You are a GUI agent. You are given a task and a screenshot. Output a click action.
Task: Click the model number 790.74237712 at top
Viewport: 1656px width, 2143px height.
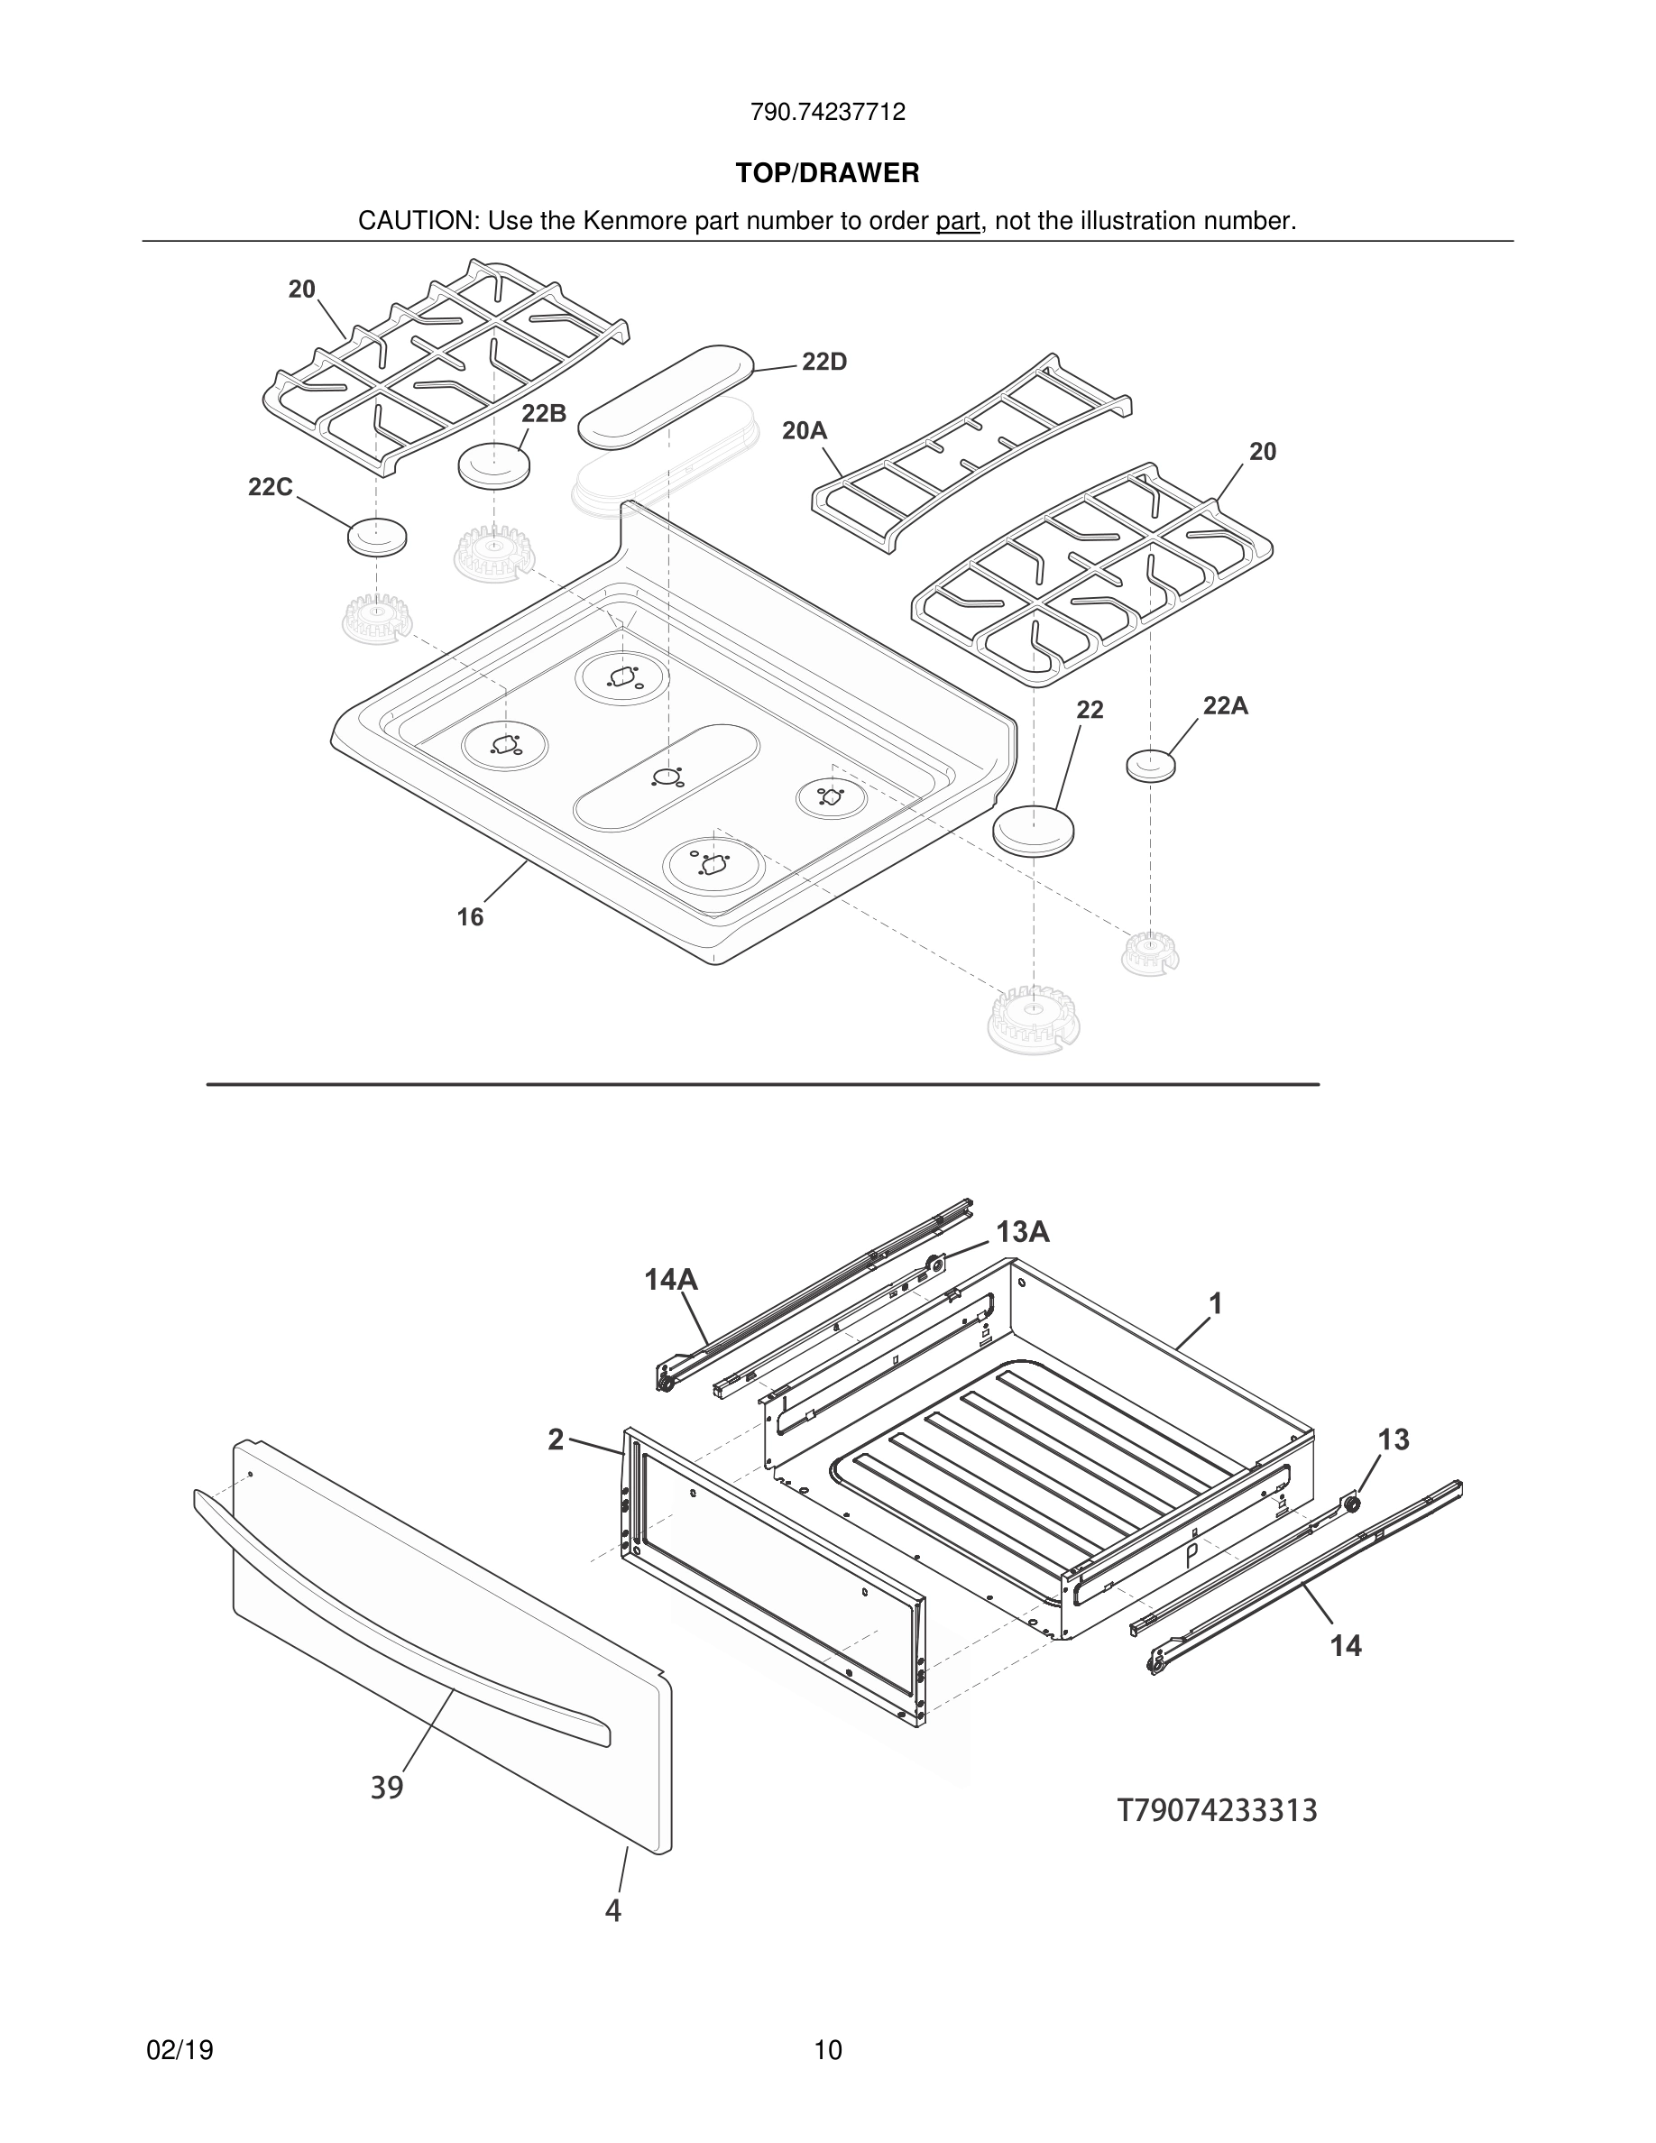[827, 113]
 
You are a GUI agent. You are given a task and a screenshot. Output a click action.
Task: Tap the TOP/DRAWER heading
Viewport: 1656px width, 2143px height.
[827, 174]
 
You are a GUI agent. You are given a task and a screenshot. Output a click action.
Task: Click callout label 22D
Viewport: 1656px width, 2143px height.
[824, 362]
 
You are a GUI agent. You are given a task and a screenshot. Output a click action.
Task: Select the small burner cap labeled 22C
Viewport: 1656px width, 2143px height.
[377, 537]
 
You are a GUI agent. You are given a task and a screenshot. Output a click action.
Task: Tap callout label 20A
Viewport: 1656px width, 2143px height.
[805, 431]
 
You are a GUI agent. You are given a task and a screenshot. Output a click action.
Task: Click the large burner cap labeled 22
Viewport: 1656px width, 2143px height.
[1033, 830]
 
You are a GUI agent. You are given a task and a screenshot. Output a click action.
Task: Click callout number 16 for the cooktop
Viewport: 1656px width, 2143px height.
[470, 916]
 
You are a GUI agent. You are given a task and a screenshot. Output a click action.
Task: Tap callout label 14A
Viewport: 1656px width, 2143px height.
[671, 1280]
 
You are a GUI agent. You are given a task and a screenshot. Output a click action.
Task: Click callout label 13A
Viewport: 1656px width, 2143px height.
[1023, 1232]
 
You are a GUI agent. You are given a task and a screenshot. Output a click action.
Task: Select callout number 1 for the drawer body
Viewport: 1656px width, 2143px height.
[1216, 1304]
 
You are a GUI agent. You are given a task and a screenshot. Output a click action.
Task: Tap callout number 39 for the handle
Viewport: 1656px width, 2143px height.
[387, 1788]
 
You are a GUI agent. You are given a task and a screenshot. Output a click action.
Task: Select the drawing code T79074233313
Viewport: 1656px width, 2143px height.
[1217, 1810]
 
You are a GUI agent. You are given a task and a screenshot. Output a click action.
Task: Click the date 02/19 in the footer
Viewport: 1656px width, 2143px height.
[179, 2051]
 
